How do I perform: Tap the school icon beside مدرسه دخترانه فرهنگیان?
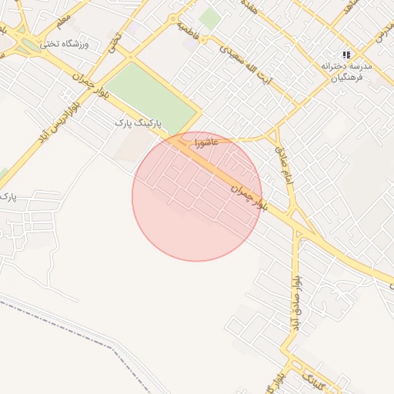347,55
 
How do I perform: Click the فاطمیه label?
189,31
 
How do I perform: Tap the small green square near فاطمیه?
209,18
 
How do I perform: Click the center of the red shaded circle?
197,197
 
